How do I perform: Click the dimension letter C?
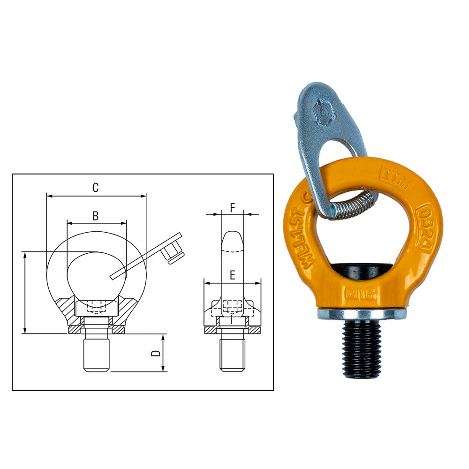[x=95, y=188]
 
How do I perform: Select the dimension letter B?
[x=95, y=216]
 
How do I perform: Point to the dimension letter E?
[x=232, y=276]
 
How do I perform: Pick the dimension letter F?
[x=232, y=207]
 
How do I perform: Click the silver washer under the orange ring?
[x=361, y=314]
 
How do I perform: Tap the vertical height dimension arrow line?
[x=25, y=293]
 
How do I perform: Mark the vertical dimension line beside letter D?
[x=164, y=353]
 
